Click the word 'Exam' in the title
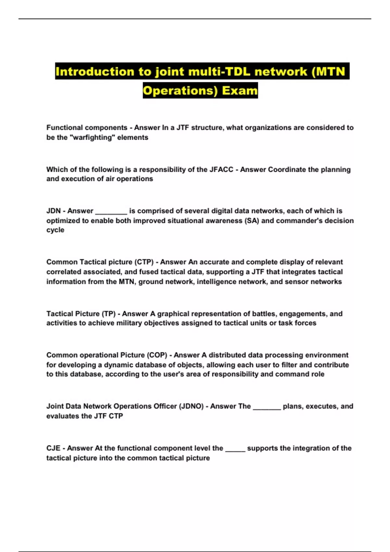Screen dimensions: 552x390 click(240, 90)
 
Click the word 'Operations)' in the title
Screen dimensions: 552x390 click(180, 90)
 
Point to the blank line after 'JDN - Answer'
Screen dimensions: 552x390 click(111, 212)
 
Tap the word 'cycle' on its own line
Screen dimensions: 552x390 click(55, 230)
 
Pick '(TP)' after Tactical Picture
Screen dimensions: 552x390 click(109, 314)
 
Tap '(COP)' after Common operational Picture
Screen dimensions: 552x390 click(157, 355)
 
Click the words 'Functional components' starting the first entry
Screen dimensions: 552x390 click(87, 128)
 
